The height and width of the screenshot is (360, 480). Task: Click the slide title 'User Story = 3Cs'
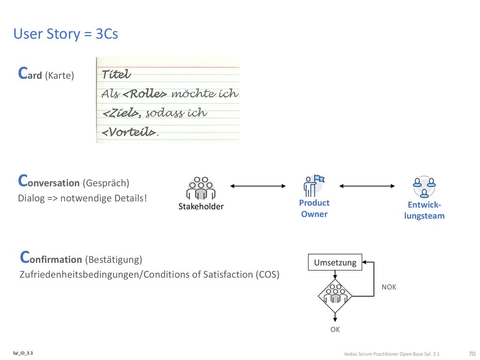pos(66,34)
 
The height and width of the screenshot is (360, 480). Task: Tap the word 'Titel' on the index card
pos(116,74)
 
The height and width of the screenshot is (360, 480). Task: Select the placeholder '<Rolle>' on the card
pos(145,94)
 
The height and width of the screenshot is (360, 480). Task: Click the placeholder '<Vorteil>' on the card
pos(128,132)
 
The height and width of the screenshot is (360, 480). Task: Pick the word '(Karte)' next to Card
pos(60,75)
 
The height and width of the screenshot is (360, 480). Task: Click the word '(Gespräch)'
pos(106,183)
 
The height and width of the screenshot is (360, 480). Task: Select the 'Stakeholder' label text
pos(201,206)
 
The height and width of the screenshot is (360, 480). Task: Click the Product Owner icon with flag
pos(314,186)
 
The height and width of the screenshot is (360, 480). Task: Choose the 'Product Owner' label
pos(314,209)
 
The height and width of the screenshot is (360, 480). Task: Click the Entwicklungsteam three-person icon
pos(424,187)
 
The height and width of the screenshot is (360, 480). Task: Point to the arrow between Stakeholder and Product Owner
pos(258,186)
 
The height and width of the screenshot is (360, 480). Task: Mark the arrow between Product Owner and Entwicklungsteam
pos(367,186)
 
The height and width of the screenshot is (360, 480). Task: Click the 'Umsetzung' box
pos(335,262)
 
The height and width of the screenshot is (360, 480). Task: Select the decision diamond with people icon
pos(335,296)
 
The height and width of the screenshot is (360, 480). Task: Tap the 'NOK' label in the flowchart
pos(389,287)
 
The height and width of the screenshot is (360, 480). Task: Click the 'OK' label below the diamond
pos(335,330)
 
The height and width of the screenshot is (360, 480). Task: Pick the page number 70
pos(472,353)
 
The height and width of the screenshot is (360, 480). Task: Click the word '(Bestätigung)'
pos(113,259)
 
